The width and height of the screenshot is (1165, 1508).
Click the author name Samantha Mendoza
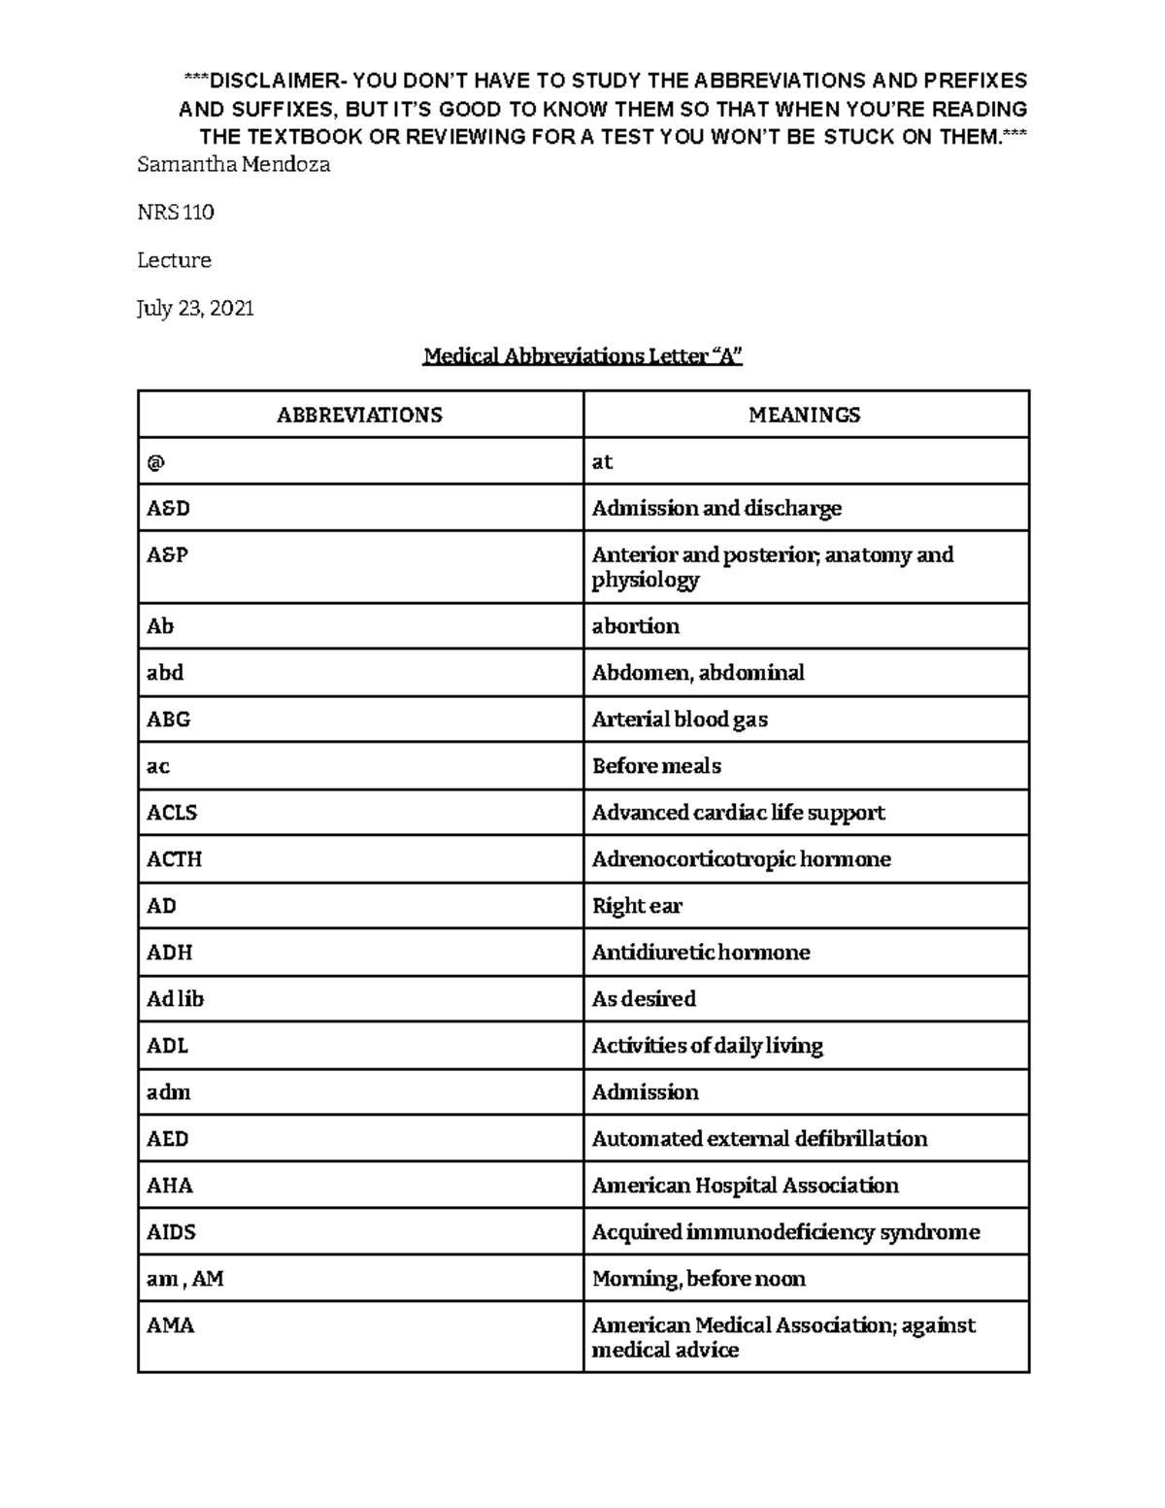(x=233, y=165)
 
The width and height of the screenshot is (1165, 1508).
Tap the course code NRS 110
(x=176, y=213)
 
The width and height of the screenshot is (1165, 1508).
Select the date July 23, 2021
(x=195, y=309)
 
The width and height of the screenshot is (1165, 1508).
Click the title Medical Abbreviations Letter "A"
(x=582, y=356)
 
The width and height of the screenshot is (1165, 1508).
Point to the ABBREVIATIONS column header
(x=359, y=415)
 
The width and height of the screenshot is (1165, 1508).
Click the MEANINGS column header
(x=804, y=415)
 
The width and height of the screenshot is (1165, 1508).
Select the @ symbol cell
(x=156, y=462)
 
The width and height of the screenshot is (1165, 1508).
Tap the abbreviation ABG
(x=168, y=720)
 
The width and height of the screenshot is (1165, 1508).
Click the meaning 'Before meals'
(x=656, y=766)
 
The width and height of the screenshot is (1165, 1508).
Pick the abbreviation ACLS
(x=172, y=813)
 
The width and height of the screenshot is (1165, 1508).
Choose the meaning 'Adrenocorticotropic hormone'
(x=741, y=859)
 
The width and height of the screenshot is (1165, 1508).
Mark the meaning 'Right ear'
(x=637, y=906)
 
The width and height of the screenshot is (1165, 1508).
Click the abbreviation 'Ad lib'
(x=175, y=999)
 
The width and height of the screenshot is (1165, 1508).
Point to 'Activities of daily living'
(x=707, y=1046)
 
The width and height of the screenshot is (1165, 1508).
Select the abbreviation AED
(x=167, y=1139)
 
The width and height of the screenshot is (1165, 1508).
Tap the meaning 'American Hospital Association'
(x=745, y=1186)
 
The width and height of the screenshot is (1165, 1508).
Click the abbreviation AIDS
(x=171, y=1232)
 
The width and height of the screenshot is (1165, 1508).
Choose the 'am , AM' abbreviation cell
(x=184, y=1279)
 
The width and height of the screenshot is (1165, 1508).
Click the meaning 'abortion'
(x=635, y=626)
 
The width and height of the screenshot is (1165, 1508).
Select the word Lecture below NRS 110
(x=174, y=260)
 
